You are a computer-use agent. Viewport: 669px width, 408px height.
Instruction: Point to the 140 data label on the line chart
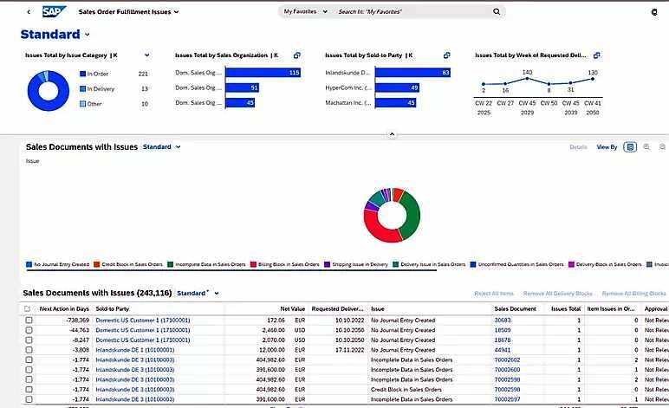click(x=527, y=72)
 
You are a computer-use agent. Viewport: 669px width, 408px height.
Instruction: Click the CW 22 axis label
click(x=484, y=102)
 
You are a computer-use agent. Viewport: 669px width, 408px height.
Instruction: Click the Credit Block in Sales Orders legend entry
click(x=129, y=264)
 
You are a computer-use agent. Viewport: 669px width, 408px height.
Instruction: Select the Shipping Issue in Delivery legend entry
click(x=358, y=264)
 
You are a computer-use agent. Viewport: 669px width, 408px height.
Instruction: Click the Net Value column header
click(x=292, y=308)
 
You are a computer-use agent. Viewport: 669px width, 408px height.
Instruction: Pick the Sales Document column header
click(x=515, y=308)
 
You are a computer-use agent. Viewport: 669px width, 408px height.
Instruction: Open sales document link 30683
click(x=503, y=321)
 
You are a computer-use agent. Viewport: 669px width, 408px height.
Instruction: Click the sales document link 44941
click(x=503, y=350)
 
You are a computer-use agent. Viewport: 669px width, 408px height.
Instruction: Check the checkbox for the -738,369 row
click(x=29, y=321)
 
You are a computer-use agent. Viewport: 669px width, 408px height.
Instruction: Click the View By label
click(x=607, y=147)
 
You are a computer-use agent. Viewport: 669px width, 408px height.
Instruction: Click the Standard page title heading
click(x=50, y=35)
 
